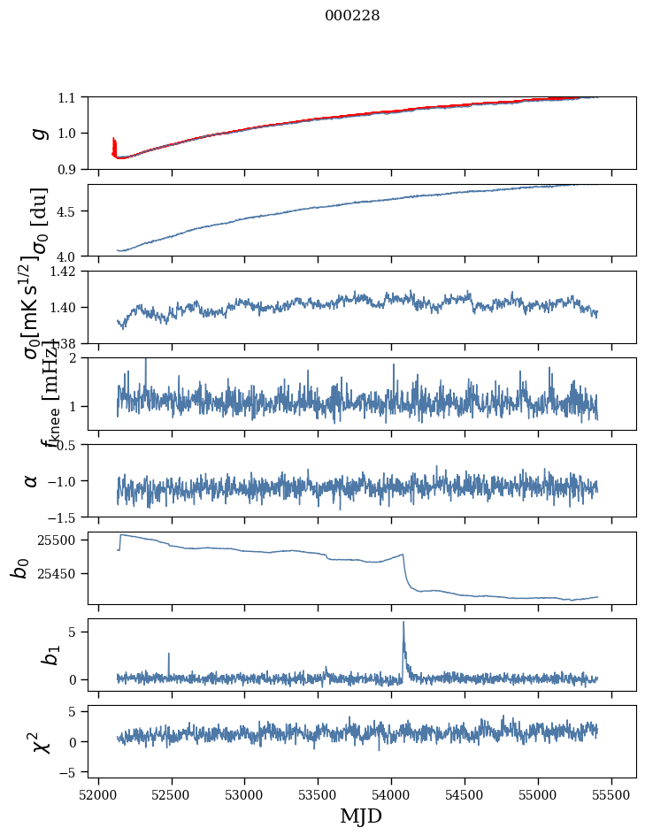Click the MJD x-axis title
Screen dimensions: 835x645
coord(361,816)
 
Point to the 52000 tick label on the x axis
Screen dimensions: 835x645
coord(98,794)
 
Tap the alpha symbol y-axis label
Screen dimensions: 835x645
coord(32,480)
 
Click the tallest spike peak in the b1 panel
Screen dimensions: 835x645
coord(403,622)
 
